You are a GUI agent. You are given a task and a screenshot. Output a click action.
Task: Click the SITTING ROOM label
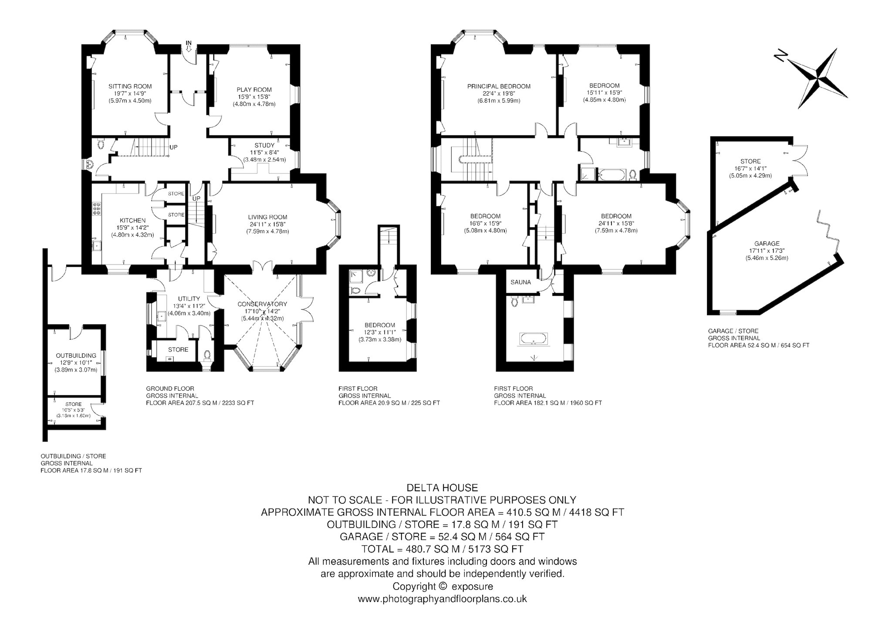tap(130, 86)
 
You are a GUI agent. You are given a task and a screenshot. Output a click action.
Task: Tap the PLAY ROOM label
tap(254, 90)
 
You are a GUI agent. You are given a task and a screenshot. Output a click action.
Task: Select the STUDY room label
tap(265, 145)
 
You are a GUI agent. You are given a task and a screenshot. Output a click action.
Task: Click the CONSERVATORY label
tap(263, 304)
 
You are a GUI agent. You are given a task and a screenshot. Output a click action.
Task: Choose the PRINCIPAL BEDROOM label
tap(499, 86)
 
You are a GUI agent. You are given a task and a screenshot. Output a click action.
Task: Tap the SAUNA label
tap(521, 282)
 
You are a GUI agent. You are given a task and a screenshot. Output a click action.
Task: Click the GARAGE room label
tap(767, 244)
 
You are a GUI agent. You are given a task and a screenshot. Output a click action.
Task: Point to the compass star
tap(816, 79)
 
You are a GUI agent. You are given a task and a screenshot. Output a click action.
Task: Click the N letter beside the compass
tap(780, 56)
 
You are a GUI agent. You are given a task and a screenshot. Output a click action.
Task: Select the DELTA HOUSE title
tap(442, 488)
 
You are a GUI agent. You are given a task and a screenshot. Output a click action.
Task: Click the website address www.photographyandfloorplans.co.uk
tap(442, 599)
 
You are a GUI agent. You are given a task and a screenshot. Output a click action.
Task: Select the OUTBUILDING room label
tap(73, 355)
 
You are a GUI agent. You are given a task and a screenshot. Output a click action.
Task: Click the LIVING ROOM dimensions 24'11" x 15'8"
tap(267, 224)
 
